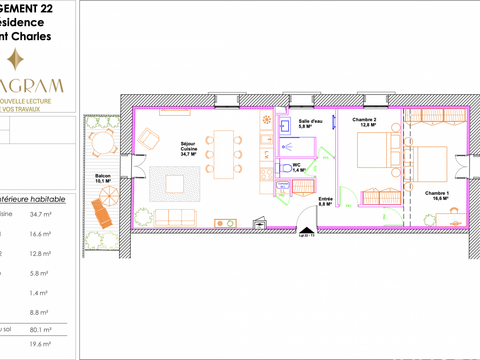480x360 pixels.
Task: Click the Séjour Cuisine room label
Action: tap(186, 147)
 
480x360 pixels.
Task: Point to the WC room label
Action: tap(297, 169)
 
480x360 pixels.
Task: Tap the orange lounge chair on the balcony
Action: tap(101, 212)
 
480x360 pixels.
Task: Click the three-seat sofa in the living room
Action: tap(177, 217)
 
